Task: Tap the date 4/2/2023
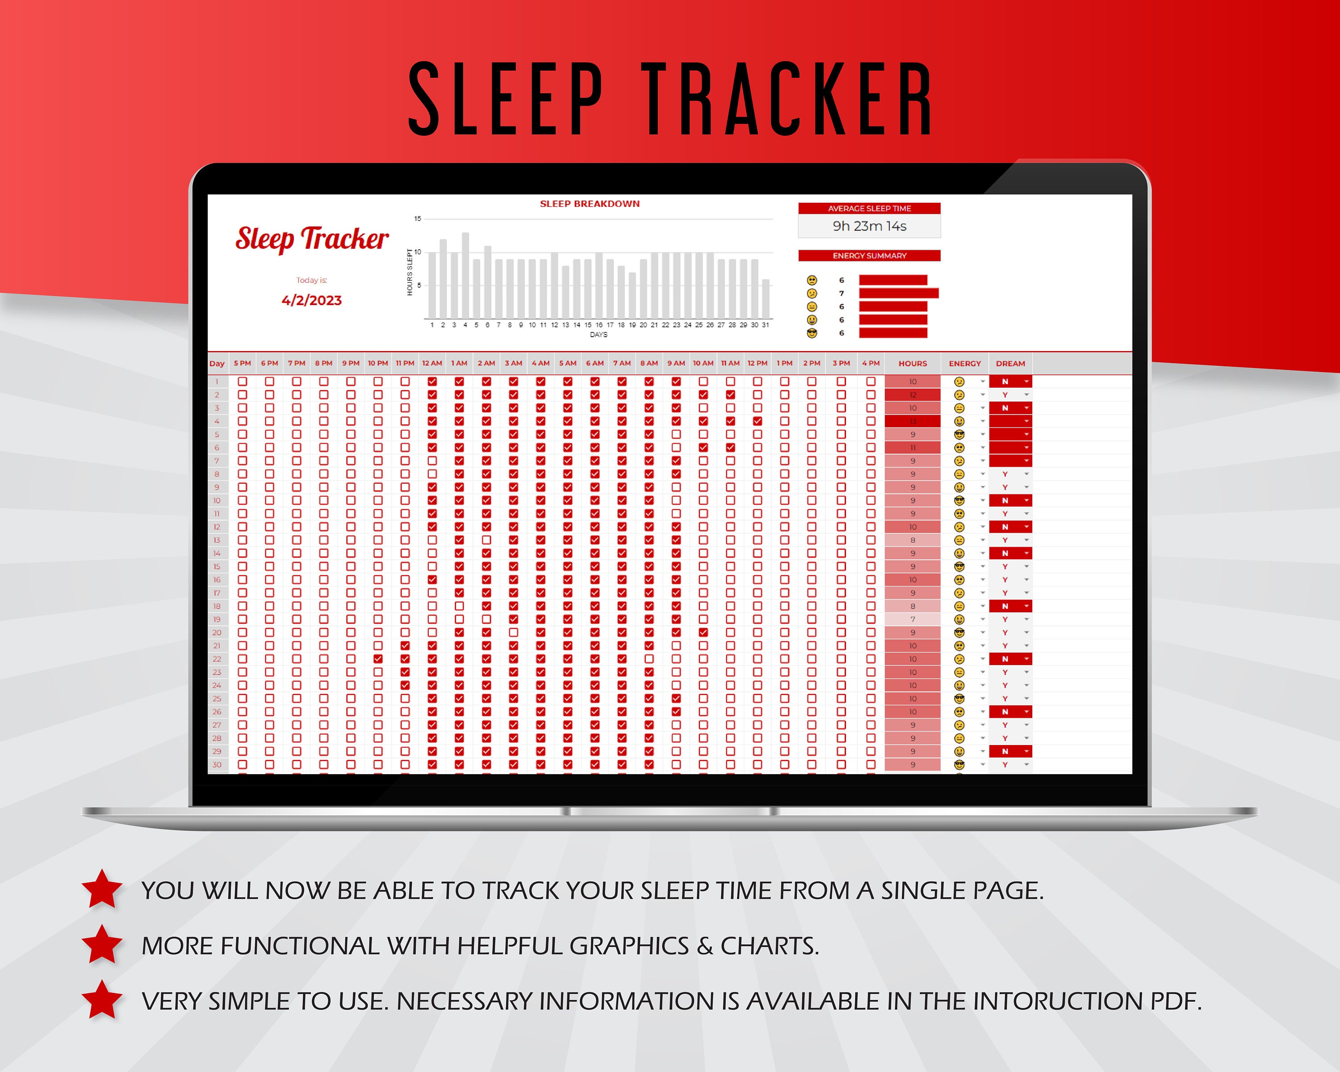coord(311,301)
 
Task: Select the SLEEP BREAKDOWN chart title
coord(589,204)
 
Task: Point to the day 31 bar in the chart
coord(766,300)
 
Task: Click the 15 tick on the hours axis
coord(418,219)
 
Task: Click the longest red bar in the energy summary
coord(898,293)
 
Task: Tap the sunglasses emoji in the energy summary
coord(812,333)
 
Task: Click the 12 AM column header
coord(432,364)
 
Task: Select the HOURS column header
coord(913,364)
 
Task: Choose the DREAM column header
coord(1010,364)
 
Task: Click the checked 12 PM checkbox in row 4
coord(757,421)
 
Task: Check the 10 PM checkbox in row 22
coord(378,659)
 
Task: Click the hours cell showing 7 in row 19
coord(913,620)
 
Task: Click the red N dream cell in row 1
coord(1005,381)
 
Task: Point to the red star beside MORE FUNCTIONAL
coord(102,945)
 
